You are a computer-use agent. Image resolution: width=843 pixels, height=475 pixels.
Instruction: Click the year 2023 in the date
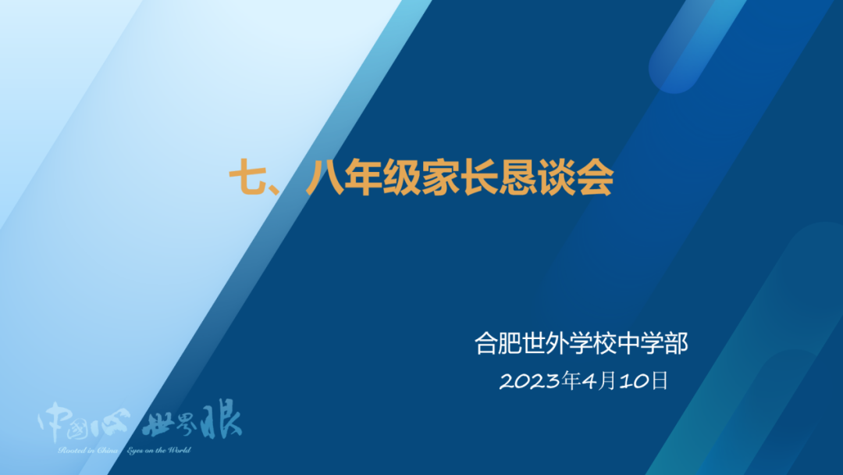[528, 381]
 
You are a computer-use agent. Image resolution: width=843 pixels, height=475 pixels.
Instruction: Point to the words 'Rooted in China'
[86, 451]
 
